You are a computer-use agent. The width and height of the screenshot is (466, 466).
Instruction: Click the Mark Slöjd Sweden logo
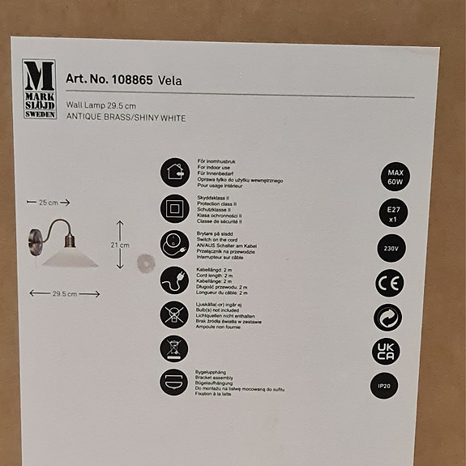tap(40, 88)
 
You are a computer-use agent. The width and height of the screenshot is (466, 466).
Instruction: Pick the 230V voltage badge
tap(389, 247)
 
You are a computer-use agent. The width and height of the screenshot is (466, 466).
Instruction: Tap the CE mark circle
tap(389, 283)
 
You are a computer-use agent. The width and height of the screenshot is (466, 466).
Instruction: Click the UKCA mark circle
tap(389, 352)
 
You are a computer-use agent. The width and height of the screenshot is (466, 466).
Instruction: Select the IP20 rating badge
tap(389, 387)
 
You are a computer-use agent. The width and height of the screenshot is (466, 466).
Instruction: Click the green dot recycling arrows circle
tap(389, 318)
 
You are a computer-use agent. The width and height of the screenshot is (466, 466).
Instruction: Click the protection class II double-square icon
tap(172, 207)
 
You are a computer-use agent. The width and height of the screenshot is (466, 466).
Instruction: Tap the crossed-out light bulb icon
tap(172, 314)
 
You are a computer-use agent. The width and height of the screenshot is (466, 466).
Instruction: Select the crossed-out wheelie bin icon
tap(172, 349)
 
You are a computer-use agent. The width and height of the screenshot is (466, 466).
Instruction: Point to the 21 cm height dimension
tap(120, 243)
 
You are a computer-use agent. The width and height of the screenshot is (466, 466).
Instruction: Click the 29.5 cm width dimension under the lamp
tap(64, 294)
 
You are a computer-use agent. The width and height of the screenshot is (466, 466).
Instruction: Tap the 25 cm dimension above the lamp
tap(48, 202)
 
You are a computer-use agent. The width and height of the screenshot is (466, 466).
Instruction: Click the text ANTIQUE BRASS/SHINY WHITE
tap(126, 118)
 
